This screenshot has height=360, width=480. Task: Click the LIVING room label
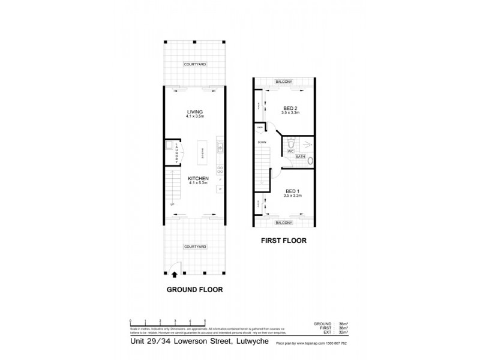point(195,112)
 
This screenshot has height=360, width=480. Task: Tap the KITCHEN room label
point(197,179)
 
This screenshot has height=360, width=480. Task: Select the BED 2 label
point(291,108)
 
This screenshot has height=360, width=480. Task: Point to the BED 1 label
point(293,191)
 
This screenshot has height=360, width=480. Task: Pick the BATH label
point(301,157)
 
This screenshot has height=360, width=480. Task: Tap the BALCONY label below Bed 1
point(284,223)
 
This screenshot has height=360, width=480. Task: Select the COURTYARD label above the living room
point(195,65)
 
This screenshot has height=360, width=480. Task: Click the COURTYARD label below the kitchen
point(196,247)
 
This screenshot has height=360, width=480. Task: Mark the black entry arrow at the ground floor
point(174,274)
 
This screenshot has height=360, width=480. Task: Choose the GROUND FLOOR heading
point(195,289)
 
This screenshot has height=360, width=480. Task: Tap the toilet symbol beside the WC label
point(290,144)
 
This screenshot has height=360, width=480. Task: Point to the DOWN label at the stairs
point(262,142)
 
